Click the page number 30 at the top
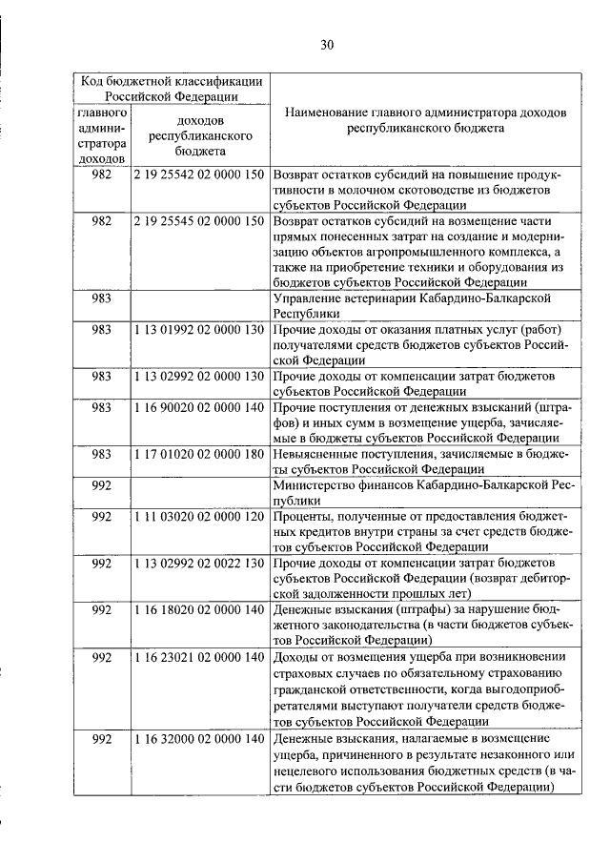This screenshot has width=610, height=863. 327,45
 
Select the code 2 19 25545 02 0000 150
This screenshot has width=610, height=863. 198,221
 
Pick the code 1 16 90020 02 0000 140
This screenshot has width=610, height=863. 198,407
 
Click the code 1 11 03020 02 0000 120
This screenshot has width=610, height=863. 198,516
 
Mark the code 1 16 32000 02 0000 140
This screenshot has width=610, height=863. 198,739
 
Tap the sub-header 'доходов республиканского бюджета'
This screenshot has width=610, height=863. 199,135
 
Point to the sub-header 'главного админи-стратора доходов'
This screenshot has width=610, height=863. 102,135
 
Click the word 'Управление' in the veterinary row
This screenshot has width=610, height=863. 307,298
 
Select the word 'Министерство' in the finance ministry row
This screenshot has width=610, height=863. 314,484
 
